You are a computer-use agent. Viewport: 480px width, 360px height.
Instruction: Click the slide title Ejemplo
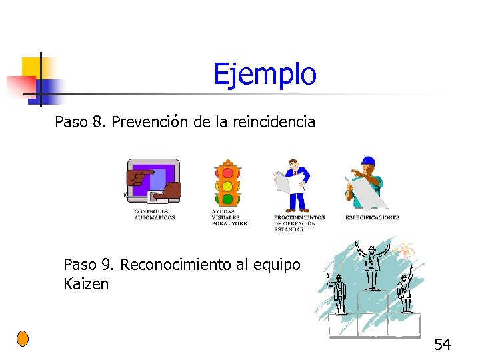point(265,74)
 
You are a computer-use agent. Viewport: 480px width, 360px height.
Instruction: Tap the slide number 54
point(443,344)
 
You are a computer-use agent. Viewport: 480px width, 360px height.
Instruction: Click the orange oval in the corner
point(23,338)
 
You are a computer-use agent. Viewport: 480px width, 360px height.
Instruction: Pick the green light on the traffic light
point(227,198)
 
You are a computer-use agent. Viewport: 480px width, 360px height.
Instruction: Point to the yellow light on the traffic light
point(227,186)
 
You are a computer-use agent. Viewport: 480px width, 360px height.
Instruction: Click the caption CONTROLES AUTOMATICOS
point(154,215)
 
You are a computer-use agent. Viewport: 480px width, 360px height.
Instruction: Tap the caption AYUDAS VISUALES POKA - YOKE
point(229,218)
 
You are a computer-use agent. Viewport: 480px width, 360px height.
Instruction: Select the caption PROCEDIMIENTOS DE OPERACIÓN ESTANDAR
point(299,223)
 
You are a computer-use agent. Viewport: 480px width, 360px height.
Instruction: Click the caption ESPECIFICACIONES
point(372,217)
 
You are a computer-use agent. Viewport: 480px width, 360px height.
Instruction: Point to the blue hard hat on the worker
point(368,161)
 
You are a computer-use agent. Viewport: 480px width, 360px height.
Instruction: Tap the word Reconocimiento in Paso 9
point(177,264)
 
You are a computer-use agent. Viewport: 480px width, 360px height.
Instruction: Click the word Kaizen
point(85,284)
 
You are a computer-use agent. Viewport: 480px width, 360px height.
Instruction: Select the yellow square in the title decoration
point(31,67)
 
